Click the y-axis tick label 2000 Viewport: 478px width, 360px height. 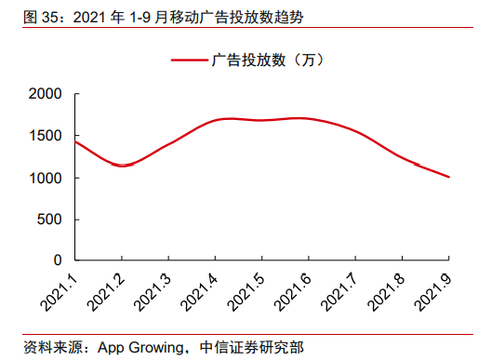46,95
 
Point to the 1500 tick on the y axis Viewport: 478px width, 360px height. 46,137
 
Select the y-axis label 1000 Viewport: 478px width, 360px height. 46,179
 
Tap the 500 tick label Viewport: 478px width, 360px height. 50,220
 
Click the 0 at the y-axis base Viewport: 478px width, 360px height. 58,260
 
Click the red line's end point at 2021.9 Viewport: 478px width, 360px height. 450,177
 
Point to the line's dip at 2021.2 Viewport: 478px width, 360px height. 121,166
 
